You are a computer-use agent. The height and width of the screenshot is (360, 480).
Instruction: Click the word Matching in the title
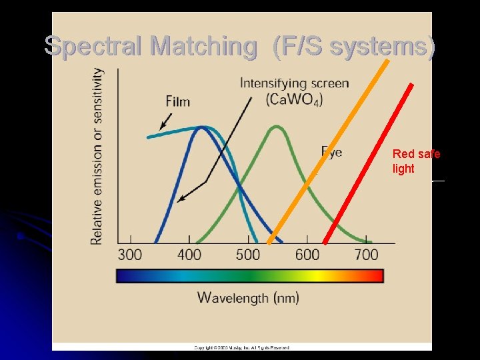(203, 46)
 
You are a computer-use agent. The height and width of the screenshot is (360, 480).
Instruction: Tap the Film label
(178, 101)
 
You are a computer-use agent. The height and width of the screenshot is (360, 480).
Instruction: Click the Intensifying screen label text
(294, 83)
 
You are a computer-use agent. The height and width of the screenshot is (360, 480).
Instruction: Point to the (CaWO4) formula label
(294, 100)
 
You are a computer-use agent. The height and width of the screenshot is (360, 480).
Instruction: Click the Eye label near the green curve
(332, 152)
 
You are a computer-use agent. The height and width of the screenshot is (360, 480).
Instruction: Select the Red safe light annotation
(415, 161)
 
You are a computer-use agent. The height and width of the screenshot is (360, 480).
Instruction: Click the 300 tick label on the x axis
(130, 255)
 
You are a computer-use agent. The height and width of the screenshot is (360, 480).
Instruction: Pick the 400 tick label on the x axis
(189, 255)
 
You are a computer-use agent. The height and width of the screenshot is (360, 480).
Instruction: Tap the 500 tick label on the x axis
(248, 255)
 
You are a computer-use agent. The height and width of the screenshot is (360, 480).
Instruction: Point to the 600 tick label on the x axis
(307, 255)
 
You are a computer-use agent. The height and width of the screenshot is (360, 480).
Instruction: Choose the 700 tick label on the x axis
(366, 255)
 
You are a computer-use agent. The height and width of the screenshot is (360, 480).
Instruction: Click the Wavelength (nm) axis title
(248, 297)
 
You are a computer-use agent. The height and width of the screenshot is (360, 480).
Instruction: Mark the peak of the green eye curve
(276, 126)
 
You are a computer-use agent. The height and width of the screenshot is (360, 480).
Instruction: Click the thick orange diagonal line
(329, 151)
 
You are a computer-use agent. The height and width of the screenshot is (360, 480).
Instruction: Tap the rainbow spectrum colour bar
(249, 276)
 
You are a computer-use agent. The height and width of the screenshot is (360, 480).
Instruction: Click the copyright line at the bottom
(241, 347)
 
